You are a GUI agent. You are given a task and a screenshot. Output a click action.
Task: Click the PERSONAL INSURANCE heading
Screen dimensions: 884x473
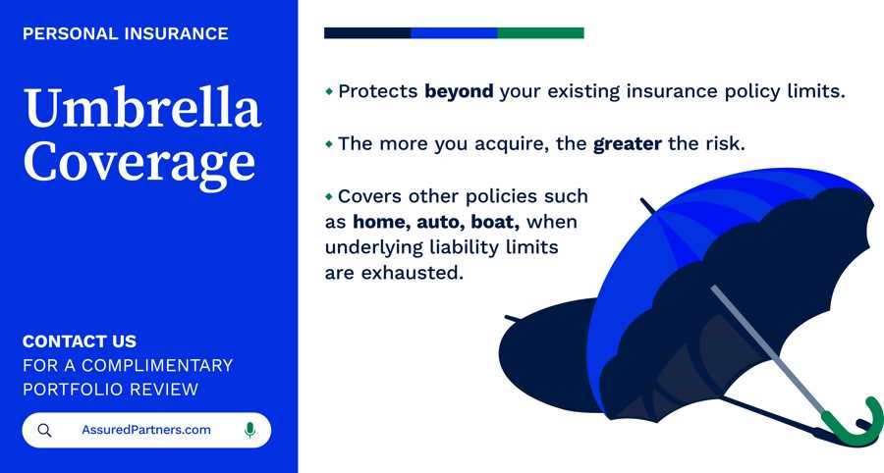click(x=125, y=33)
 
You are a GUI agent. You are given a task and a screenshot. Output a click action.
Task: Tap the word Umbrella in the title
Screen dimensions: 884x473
click(x=142, y=107)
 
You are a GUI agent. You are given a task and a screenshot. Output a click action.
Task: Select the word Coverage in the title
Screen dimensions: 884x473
click(x=139, y=163)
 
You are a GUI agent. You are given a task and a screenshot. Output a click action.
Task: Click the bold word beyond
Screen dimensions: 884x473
click(x=459, y=91)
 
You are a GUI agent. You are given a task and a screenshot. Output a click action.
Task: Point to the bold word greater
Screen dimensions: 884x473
click(x=628, y=144)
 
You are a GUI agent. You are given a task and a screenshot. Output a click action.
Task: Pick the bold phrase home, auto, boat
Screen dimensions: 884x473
click(x=436, y=222)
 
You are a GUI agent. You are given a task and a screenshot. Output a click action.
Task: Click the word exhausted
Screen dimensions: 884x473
click(x=412, y=273)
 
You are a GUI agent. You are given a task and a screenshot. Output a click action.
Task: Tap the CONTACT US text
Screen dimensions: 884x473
click(x=80, y=342)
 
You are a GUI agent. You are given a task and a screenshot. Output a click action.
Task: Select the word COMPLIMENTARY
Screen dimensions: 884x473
click(x=157, y=365)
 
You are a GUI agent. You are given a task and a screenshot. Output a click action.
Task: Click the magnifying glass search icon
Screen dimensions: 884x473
click(x=44, y=431)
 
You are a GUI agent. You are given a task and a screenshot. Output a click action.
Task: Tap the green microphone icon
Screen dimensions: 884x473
click(x=249, y=430)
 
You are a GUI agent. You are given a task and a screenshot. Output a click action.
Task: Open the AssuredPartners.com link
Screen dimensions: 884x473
click(x=146, y=430)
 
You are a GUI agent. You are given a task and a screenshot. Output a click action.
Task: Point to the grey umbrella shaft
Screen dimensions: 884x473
click(x=768, y=350)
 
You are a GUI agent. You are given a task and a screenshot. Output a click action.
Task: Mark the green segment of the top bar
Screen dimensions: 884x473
click(x=540, y=33)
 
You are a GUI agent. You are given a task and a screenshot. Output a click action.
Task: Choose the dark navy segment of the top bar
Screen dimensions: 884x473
click(x=367, y=33)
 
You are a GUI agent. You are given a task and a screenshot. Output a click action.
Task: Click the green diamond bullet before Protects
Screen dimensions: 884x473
click(x=330, y=91)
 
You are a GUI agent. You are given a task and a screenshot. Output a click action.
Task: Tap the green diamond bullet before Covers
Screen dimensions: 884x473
click(x=330, y=196)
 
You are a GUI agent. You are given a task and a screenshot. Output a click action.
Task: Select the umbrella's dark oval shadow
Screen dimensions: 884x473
click(x=544, y=355)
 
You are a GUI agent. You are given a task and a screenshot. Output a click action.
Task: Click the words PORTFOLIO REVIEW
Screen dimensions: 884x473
click(x=110, y=390)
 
